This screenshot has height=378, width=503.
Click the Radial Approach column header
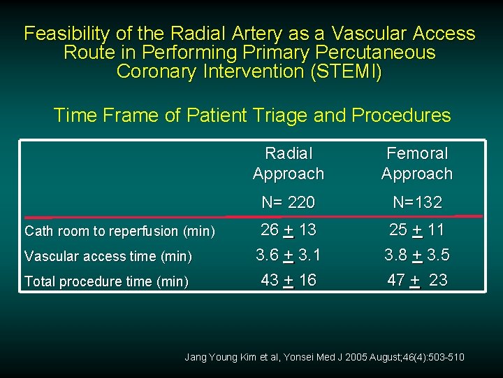289,163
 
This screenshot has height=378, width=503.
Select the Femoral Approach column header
417,163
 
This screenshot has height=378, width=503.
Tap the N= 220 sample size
289,202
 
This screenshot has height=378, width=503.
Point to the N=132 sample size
417,202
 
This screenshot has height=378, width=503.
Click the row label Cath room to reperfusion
119,231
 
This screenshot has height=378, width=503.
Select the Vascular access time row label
108,256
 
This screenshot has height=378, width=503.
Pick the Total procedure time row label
106,281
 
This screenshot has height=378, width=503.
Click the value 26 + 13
289,229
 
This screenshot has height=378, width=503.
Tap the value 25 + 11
417,229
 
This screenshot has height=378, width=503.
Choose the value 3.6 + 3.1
289,255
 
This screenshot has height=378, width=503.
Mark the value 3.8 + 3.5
417,255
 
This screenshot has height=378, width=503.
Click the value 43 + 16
289,280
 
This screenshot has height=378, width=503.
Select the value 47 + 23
417,280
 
